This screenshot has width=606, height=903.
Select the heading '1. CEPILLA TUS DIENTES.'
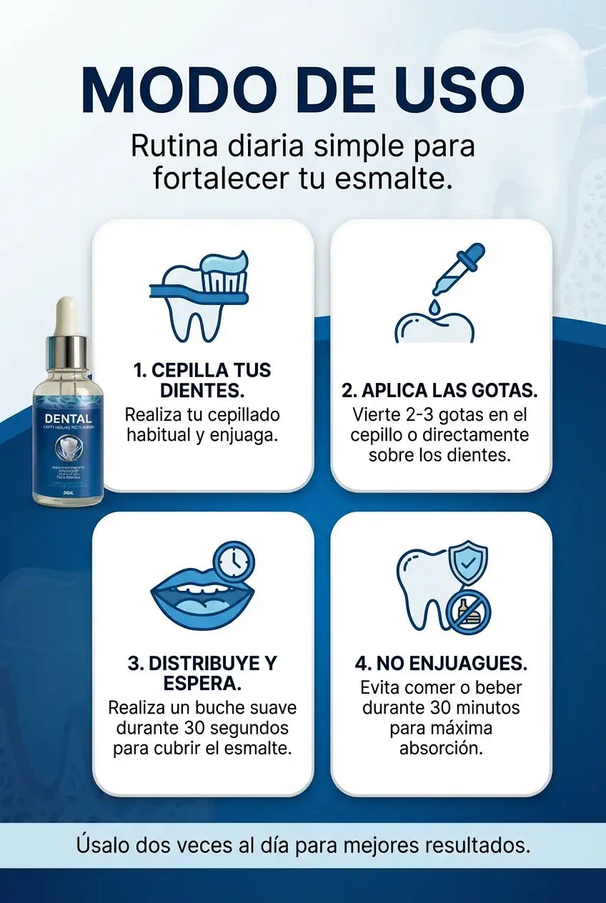point(202,380)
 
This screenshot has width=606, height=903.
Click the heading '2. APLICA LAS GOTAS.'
point(439,391)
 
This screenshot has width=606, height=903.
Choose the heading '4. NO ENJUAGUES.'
point(441,663)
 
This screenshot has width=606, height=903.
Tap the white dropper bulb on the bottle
point(67,315)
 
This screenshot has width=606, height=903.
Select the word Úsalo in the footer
point(101,846)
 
